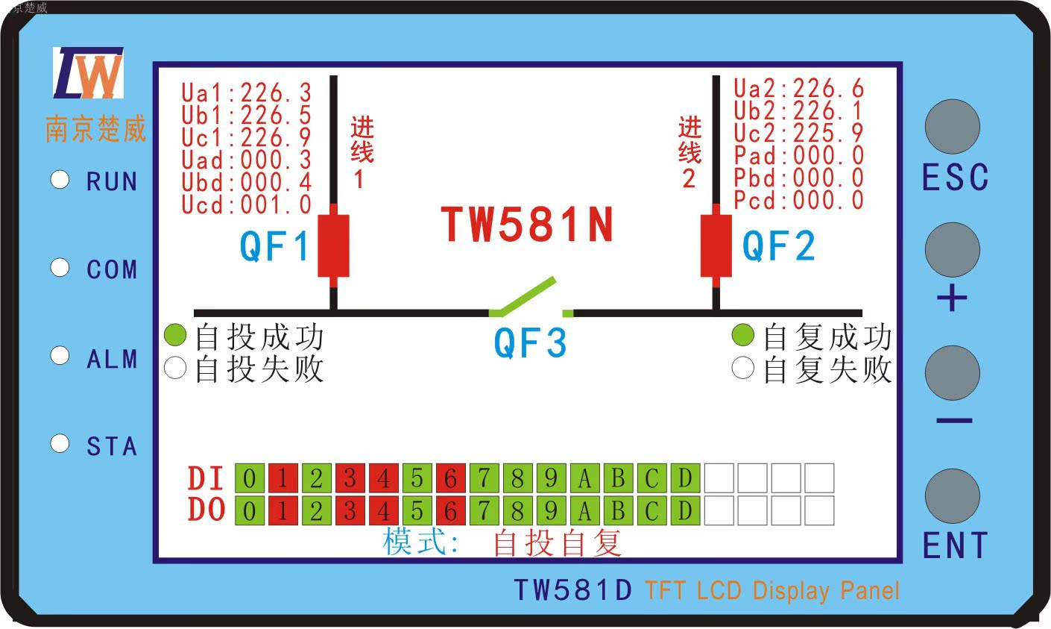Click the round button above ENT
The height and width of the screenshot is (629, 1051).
click(953, 496)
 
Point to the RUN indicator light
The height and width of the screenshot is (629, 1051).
click(60, 180)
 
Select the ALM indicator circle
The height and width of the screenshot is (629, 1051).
click(60, 356)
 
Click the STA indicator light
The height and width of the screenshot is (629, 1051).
click(60, 444)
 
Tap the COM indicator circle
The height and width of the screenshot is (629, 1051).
click(60, 268)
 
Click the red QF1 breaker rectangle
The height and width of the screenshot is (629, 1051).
click(333, 246)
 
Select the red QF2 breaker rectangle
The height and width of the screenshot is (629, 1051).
click(716, 246)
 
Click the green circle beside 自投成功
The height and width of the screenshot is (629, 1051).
click(174, 336)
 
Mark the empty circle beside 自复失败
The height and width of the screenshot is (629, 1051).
click(742, 368)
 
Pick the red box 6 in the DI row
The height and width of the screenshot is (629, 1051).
click(450, 478)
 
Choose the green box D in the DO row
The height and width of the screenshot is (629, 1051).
click(685, 511)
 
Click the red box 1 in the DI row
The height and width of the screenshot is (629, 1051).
click(283, 478)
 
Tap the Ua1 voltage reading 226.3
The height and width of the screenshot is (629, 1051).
click(276, 93)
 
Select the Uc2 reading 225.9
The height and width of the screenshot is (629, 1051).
click(828, 134)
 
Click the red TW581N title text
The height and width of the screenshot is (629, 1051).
click(527, 225)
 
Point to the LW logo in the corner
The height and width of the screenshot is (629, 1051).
click(88, 73)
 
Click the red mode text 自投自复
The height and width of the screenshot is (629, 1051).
click(557, 543)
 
